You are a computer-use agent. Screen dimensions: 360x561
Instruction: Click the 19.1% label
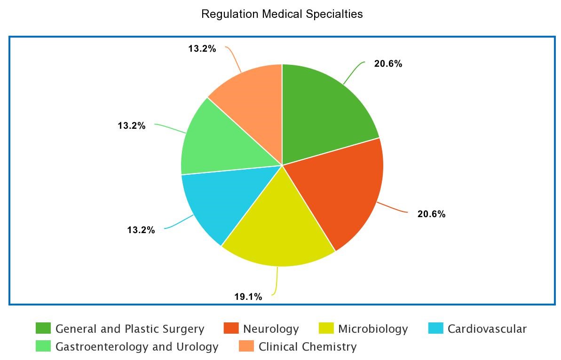pos(248,297)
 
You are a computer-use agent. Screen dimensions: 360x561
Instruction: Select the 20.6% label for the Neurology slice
pos(431,214)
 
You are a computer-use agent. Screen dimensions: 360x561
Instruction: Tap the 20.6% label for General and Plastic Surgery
pos(388,64)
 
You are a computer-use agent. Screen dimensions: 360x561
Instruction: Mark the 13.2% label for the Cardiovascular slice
pos(141,230)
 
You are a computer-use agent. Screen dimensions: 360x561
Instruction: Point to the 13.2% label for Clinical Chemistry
pos(202,48)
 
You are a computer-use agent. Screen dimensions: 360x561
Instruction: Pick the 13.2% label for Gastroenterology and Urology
pos(131,126)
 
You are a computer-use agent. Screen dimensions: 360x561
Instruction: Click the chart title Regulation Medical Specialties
pos(282,14)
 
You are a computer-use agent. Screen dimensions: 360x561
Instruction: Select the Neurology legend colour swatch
pos(231,329)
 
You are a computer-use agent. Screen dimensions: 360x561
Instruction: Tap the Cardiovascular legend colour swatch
pos(436,329)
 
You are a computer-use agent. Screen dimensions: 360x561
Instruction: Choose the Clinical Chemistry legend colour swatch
pos(246,346)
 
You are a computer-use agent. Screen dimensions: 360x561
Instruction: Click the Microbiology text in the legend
pos(372,329)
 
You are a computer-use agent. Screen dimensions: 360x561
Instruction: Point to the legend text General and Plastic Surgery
pos(130,329)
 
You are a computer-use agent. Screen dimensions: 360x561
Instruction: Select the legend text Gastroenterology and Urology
pos(137,347)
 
